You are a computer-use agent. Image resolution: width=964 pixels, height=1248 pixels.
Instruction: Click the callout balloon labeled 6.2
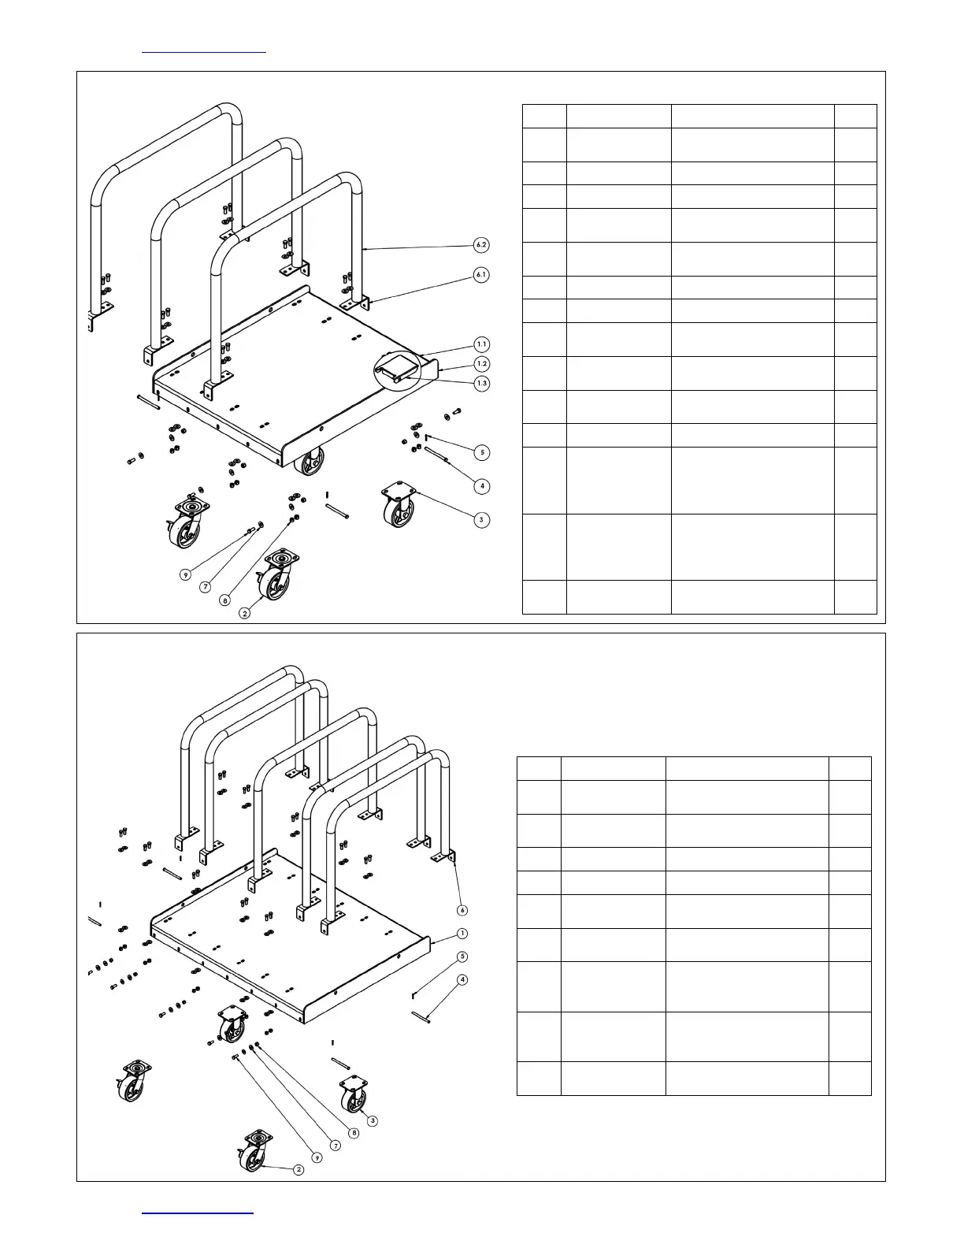pyautogui.click(x=481, y=245)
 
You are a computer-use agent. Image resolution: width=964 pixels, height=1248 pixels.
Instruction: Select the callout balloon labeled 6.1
pyautogui.click(x=481, y=275)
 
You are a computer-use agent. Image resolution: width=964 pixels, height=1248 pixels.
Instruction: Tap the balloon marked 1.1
pyautogui.click(x=481, y=344)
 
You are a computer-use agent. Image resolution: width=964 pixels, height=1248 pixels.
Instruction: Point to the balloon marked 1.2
pyautogui.click(x=481, y=364)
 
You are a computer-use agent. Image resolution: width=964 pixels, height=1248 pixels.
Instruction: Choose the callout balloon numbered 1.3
pyautogui.click(x=481, y=384)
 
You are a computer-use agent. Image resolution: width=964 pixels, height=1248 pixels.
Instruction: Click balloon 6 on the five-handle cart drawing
pyautogui.click(x=462, y=910)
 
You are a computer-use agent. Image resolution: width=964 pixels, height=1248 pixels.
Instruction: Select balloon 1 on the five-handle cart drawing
pyautogui.click(x=462, y=934)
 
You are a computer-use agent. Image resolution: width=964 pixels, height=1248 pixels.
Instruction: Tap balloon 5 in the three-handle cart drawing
pyautogui.click(x=482, y=452)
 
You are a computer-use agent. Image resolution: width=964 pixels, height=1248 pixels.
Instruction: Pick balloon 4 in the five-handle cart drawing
pyautogui.click(x=462, y=980)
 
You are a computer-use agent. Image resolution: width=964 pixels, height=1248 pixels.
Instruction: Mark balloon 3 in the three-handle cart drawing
pyautogui.click(x=481, y=520)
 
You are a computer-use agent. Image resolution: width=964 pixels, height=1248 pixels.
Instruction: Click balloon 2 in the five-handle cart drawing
pyautogui.click(x=298, y=1170)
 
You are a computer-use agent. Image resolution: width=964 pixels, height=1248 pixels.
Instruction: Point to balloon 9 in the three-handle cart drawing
pyautogui.click(x=185, y=575)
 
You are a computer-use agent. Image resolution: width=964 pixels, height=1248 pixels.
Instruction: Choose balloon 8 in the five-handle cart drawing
pyautogui.click(x=354, y=1133)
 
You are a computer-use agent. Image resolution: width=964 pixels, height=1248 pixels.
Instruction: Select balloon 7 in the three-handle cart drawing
pyautogui.click(x=206, y=587)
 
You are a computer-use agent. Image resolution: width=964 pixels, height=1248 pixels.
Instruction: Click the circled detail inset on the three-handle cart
pyautogui.click(x=396, y=368)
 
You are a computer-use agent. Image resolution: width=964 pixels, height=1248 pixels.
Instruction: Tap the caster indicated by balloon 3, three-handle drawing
pyautogui.click(x=399, y=506)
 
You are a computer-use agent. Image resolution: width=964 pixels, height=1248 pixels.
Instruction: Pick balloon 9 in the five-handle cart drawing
pyautogui.click(x=316, y=1157)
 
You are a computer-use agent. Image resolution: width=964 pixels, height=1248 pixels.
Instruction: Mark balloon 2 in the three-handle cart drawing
pyautogui.click(x=245, y=613)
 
